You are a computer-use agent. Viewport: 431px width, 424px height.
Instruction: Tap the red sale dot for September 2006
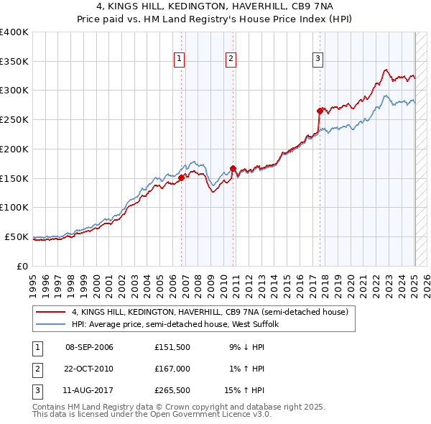click(x=181, y=178)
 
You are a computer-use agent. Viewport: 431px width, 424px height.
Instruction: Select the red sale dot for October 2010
click(x=233, y=169)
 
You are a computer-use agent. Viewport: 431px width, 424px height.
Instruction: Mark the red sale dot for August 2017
click(x=320, y=111)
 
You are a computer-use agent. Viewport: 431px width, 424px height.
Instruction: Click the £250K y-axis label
click(x=14, y=120)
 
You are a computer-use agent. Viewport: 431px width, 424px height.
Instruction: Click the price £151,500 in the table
click(x=172, y=347)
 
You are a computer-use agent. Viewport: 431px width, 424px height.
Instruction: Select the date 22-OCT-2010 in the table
click(x=89, y=369)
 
